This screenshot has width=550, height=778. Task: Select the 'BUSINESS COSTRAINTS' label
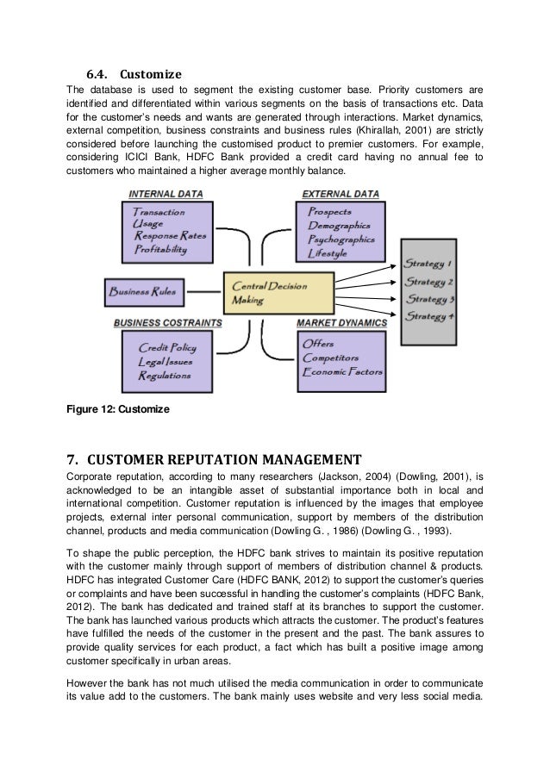point(167,323)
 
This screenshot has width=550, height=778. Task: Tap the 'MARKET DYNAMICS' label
point(341,323)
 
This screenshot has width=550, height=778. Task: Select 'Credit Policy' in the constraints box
point(167,347)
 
